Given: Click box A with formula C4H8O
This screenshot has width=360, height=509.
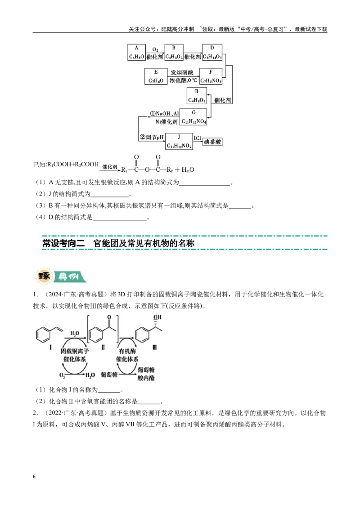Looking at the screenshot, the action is click(x=136, y=52).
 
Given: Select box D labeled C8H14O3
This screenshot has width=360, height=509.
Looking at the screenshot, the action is click(x=212, y=52).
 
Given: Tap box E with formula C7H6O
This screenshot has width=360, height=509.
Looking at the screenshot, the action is click(x=156, y=76).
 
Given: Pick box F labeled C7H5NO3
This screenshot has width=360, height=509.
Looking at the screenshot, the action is click(x=211, y=76).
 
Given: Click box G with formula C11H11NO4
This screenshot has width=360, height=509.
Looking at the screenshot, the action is click(x=193, y=117).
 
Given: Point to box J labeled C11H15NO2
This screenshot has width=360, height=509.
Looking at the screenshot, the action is click(x=179, y=142).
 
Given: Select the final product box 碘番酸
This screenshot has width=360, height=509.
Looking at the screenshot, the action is click(x=212, y=142).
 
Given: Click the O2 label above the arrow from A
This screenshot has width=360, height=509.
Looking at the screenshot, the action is click(x=155, y=49).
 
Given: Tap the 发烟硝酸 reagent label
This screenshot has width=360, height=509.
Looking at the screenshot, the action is click(x=182, y=72).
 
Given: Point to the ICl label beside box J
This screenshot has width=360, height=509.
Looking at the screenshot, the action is click(x=197, y=138).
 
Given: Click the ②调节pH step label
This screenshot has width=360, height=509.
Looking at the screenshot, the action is click(x=152, y=137).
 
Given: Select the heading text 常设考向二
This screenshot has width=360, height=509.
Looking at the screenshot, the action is click(x=63, y=243).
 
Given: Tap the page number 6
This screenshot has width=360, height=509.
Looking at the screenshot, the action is click(x=34, y=477).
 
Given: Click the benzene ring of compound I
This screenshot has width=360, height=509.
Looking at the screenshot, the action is click(x=44, y=335).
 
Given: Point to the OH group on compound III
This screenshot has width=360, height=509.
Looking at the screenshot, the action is click(x=157, y=317).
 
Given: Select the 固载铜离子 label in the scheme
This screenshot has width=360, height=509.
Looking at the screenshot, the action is click(x=74, y=351).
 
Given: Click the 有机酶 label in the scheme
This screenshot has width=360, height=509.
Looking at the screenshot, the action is click(x=127, y=351).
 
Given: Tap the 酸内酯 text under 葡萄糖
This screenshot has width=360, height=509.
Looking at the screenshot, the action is click(x=146, y=378).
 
